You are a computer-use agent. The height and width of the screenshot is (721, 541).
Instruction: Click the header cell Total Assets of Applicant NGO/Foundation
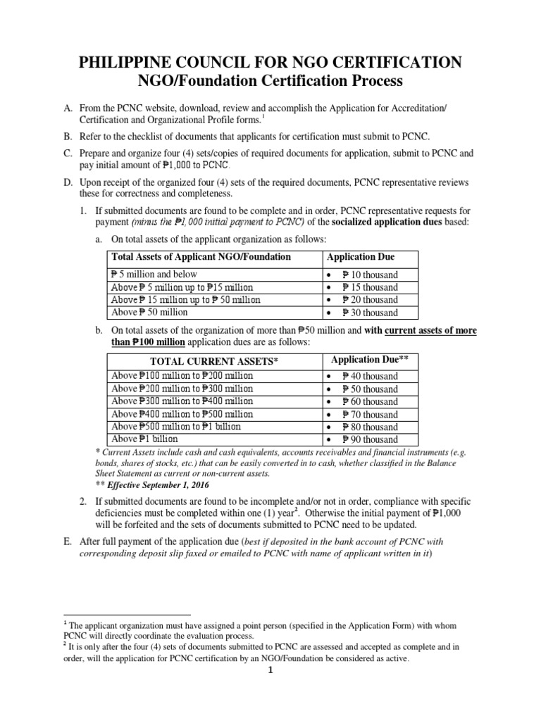pyautogui.click(x=201, y=257)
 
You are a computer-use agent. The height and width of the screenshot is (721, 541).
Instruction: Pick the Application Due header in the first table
pyautogui.click(x=361, y=257)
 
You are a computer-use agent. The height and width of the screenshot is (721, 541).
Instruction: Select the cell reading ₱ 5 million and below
pyautogui.click(x=154, y=275)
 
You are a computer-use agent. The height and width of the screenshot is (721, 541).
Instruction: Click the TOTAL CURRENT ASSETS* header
pyautogui.click(x=211, y=360)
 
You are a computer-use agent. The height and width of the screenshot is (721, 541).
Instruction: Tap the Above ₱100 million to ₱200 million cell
pyautogui.click(x=182, y=376)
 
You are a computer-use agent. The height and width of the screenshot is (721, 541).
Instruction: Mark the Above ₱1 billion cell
pyautogui.click(x=145, y=439)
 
